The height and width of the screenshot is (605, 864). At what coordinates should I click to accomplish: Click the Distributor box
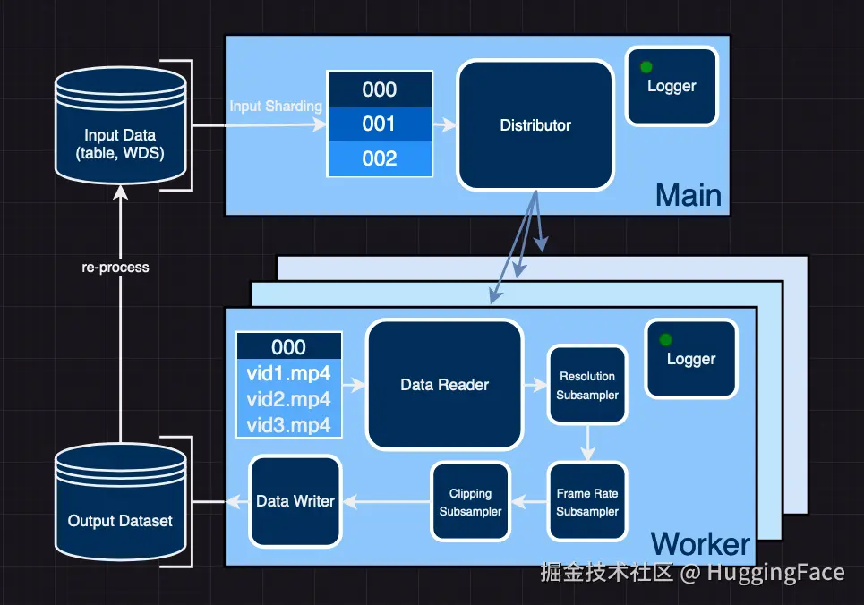pyautogui.click(x=535, y=125)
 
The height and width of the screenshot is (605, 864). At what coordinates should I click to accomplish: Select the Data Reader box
pyautogui.click(x=444, y=385)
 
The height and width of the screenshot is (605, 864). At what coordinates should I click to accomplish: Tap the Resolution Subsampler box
pyautogui.click(x=587, y=386)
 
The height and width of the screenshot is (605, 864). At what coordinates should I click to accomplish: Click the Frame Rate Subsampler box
pyautogui.click(x=587, y=502)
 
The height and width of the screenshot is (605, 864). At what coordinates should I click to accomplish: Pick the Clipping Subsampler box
pyautogui.click(x=470, y=502)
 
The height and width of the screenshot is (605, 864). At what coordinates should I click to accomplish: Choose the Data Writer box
pyautogui.click(x=295, y=501)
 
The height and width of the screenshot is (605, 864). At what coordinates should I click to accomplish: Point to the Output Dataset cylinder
pyautogui.click(x=121, y=510)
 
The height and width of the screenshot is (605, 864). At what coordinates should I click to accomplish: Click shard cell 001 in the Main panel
pyautogui.click(x=379, y=124)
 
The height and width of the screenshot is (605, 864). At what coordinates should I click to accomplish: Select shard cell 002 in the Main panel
pyautogui.click(x=379, y=158)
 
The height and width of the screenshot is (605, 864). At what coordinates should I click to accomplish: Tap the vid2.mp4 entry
pyautogui.click(x=288, y=399)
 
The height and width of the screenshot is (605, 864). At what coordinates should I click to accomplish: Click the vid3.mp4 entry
pyautogui.click(x=288, y=424)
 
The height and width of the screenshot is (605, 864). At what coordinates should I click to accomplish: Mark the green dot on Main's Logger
pyautogui.click(x=646, y=66)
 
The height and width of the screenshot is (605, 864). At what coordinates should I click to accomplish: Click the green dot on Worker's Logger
pyautogui.click(x=665, y=339)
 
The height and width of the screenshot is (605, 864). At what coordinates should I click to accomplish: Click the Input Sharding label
pyautogui.click(x=275, y=107)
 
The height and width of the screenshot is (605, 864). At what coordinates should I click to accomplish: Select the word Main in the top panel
pyautogui.click(x=688, y=195)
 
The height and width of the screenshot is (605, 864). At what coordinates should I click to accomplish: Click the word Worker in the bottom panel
pyautogui.click(x=700, y=543)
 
